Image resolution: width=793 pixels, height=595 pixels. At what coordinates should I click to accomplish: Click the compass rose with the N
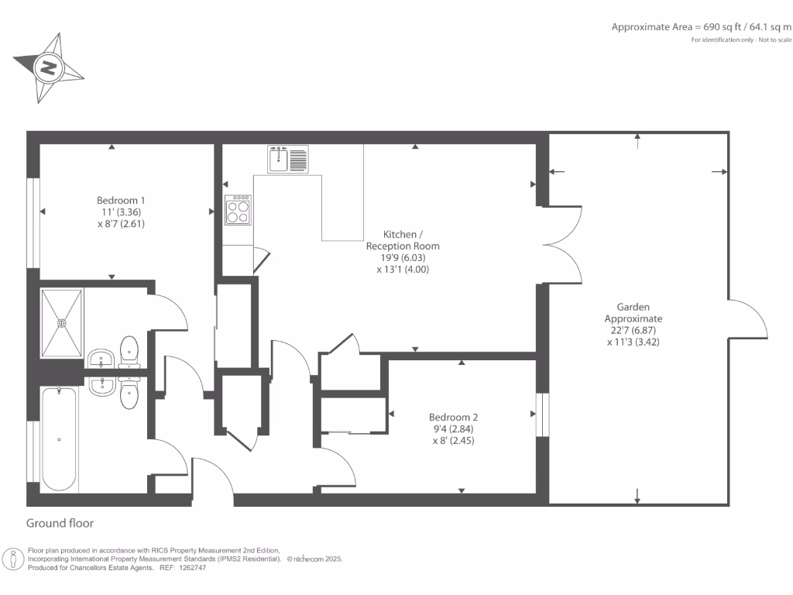[48, 68]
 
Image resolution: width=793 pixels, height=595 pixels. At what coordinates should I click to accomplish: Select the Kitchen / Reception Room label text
[403, 240]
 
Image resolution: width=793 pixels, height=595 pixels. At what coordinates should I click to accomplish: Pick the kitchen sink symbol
[288, 160]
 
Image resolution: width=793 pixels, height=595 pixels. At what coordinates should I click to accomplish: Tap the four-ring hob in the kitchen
[238, 209]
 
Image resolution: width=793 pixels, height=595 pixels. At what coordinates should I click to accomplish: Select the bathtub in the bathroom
[60, 439]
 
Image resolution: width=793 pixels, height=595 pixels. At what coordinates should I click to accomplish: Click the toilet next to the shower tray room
[129, 350]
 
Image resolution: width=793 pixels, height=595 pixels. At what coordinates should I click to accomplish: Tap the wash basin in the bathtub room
[101, 385]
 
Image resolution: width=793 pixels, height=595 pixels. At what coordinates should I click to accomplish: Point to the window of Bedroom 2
[542, 414]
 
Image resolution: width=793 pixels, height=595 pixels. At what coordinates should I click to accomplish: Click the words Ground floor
[60, 524]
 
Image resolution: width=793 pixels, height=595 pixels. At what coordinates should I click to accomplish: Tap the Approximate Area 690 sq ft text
[702, 26]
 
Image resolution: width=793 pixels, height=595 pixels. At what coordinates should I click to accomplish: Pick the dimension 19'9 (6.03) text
[402, 258]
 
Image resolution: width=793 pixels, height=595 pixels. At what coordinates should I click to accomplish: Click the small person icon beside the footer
[14, 559]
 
